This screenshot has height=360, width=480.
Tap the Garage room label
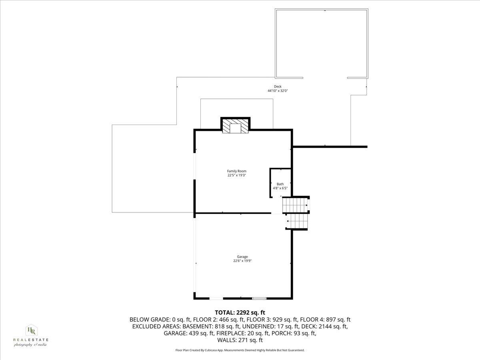pyautogui.click(x=242, y=257)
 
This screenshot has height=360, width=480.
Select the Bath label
pyautogui.click(x=280, y=184)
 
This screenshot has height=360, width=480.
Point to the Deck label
pyautogui.click(x=278, y=87)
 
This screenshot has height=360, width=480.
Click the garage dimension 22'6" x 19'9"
pyautogui.click(x=242, y=261)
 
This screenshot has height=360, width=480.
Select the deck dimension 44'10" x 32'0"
pyautogui.click(x=278, y=91)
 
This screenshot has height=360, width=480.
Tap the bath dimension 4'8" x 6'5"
pyautogui.click(x=280, y=188)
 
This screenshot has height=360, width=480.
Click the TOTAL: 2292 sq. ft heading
pyautogui.click(x=240, y=312)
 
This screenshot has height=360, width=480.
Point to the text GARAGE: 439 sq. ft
pyautogui.click(x=188, y=333)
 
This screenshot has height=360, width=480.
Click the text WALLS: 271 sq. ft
pyautogui.click(x=240, y=340)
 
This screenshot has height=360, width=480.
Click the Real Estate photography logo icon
pyautogui.click(x=31, y=330)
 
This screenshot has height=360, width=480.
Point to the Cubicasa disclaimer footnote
pyautogui.click(x=240, y=350)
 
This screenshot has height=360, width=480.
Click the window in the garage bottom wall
pyautogui.click(x=259, y=298)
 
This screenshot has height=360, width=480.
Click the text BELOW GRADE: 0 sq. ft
pyautogui.click(x=160, y=320)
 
